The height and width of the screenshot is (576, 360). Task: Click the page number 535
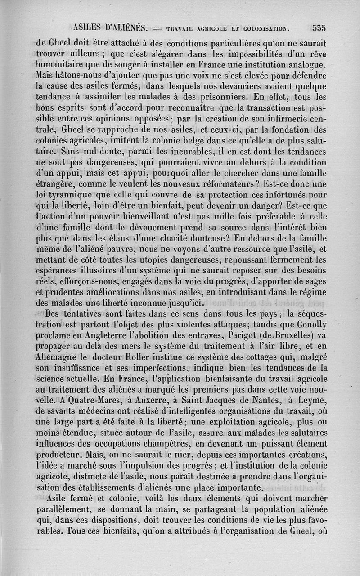[319, 27]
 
